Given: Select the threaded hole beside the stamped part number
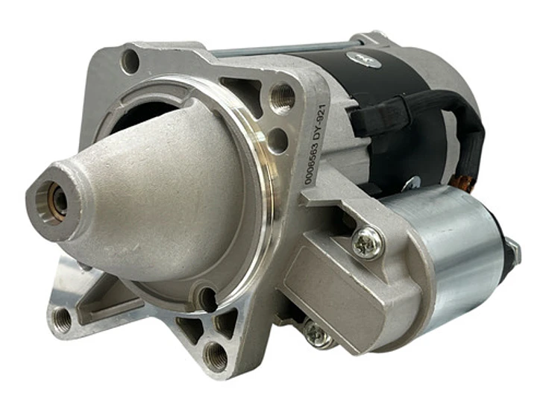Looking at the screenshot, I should (282, 97).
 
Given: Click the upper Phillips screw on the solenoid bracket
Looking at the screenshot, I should (368, 243).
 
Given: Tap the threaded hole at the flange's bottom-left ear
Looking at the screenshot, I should (63, 318).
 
